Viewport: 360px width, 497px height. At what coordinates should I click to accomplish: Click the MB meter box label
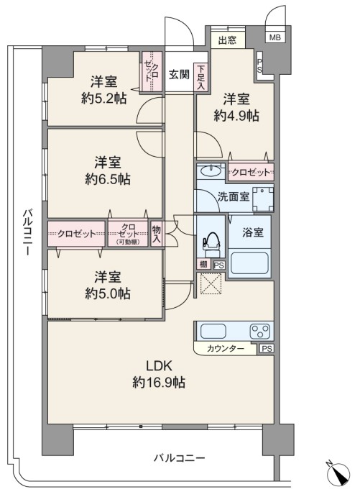point(274,37)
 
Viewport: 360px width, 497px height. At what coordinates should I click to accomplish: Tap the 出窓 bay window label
point(227,40)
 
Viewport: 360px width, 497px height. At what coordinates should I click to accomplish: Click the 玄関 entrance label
point(179,75)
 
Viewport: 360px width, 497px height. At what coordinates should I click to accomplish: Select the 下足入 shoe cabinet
point(200,78)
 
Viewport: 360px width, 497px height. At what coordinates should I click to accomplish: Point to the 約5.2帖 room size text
point(104,99)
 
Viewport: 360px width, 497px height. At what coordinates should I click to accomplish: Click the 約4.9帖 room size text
point(236,116)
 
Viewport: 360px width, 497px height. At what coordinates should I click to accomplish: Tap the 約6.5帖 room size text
point(108,180)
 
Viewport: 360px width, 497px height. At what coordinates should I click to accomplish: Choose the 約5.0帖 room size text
point(108,293)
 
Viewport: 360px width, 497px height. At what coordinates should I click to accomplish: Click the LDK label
point(159,366)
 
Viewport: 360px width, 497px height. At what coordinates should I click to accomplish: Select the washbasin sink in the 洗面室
point(211,171)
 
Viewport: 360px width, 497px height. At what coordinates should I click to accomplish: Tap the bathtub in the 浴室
point(249,263)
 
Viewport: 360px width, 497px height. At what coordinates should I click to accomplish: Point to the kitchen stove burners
point(260,332)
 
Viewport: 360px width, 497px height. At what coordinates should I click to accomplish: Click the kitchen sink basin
point(213,332)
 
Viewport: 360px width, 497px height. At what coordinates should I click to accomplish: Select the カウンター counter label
point(226,349)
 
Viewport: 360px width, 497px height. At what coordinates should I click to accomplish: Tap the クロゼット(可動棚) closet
point(128,234)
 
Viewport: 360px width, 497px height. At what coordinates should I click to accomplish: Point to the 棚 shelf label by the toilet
point(203,264)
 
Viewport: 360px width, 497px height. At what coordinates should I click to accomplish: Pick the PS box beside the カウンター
point(267,349)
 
